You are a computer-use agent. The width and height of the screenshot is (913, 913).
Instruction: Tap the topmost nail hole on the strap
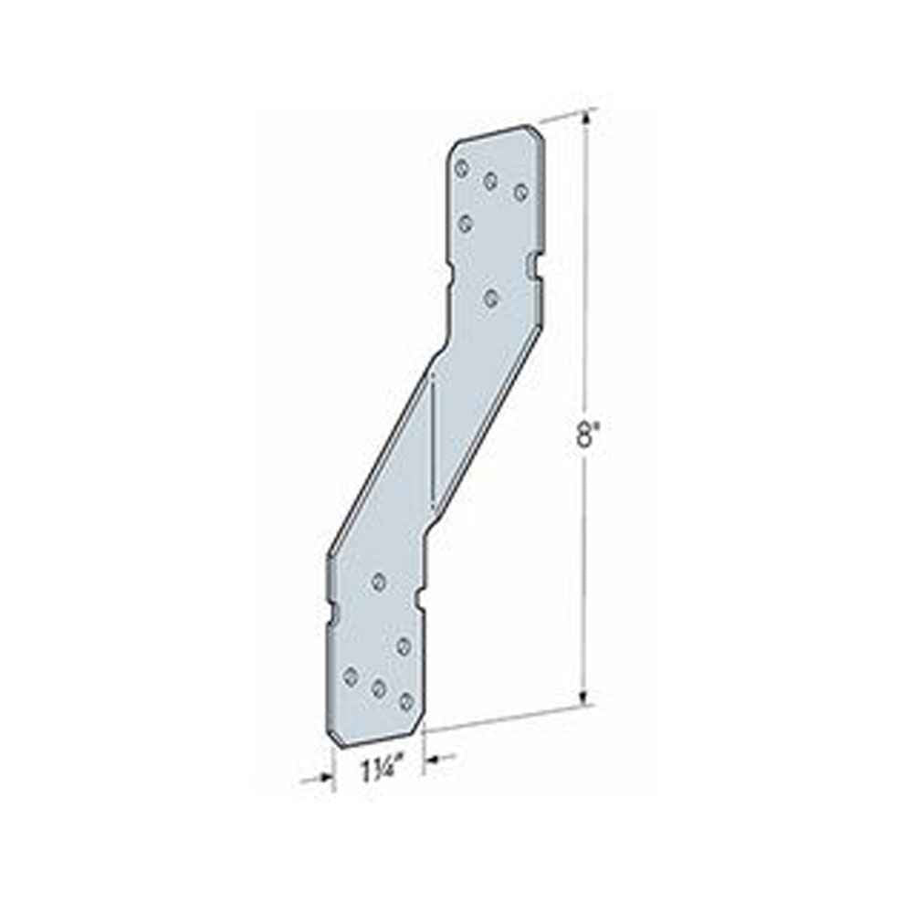click(x=462, y=169)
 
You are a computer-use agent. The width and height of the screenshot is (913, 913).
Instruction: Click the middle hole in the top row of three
click(x=490, y=181)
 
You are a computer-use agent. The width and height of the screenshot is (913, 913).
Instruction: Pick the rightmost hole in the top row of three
click(x=520, y=192)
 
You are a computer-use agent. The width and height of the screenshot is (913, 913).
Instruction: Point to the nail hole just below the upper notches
click(x=492, y=299)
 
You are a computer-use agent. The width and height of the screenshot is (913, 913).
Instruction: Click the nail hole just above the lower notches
click(x=379, y=581)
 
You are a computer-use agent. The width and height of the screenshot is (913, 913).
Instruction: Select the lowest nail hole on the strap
click(x=406, y=701)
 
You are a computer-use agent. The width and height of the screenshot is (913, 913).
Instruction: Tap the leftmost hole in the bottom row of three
click(x=350, y=676)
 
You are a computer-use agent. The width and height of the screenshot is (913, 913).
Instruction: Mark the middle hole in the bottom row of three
click(x=379, y=688)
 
